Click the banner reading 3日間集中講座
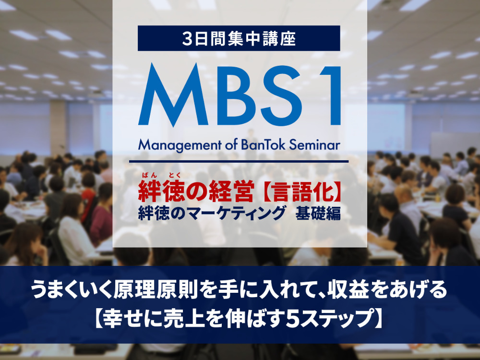[x=239, y=38]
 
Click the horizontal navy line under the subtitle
[x=239, y=162]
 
